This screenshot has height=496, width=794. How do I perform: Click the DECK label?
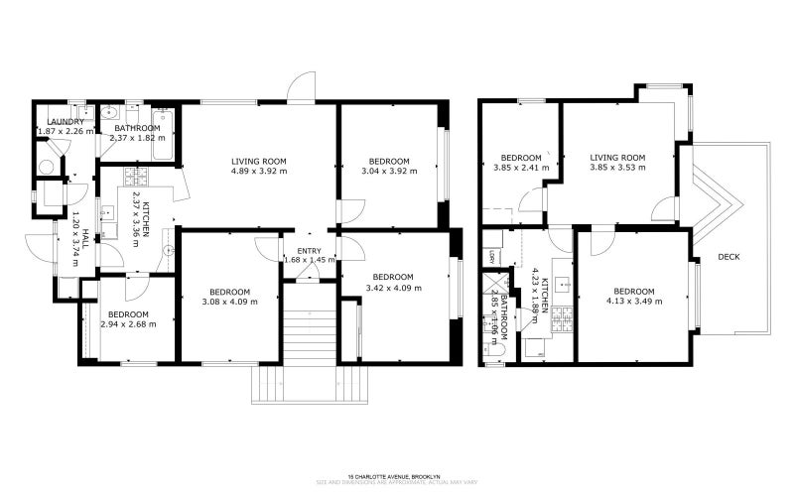pos(728,257)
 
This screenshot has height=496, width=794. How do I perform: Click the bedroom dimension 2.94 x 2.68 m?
pos(127,324)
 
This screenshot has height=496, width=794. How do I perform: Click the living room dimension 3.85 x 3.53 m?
pos(617,168)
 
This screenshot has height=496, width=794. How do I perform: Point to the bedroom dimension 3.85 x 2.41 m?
pos(520,168)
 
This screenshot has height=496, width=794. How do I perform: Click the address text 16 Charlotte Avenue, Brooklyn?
pos(396,476)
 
